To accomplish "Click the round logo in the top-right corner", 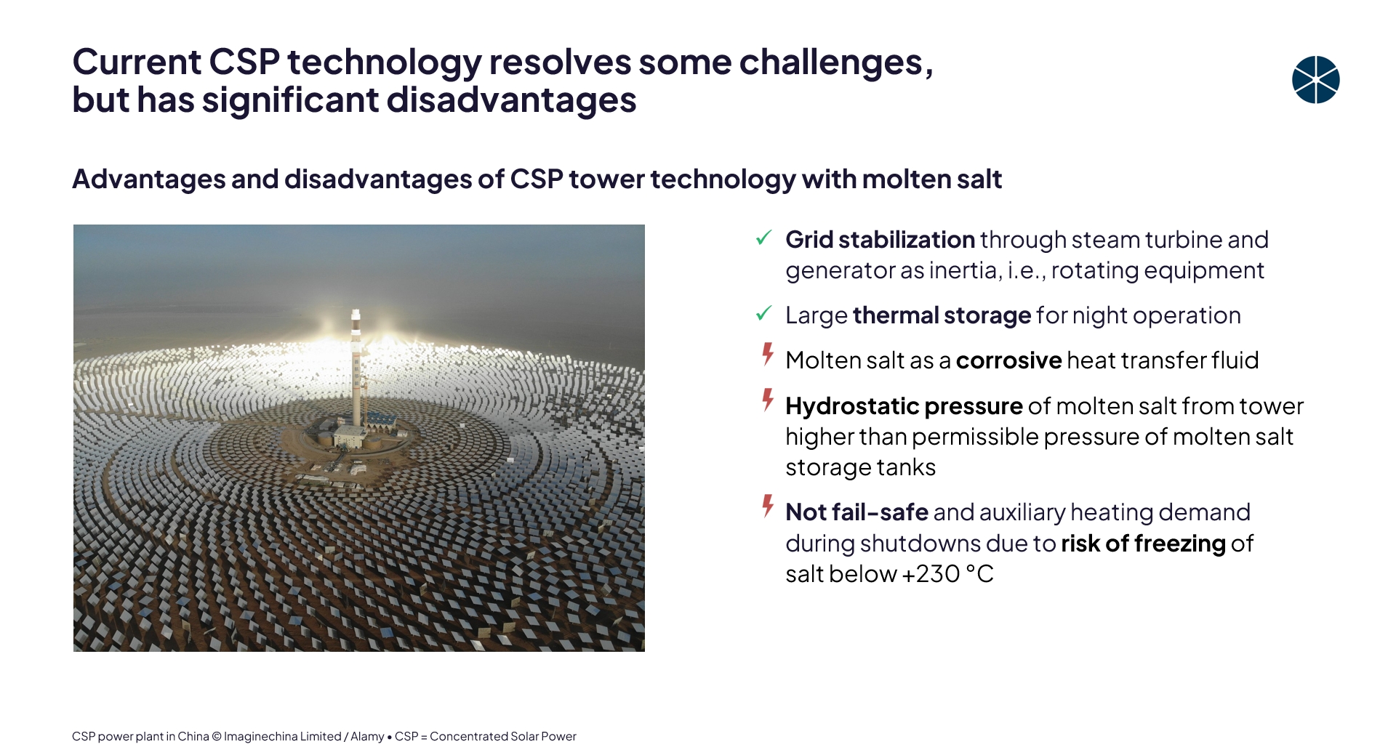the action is (1315, 80).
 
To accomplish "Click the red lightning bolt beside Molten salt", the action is (768, 354).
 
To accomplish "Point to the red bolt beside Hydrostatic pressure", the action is (768, 400).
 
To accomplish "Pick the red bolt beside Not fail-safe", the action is (768, 506).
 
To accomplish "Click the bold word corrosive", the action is (1008, 360).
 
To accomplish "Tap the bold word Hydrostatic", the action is (852, 406).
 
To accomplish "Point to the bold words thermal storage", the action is (942, 315).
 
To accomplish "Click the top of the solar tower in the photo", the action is (356, 312).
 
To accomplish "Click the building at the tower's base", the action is (351, 435).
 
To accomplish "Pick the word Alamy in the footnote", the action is (367, 736).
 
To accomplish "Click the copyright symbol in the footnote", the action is (216, 736).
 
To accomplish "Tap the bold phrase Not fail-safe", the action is (857, 512).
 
